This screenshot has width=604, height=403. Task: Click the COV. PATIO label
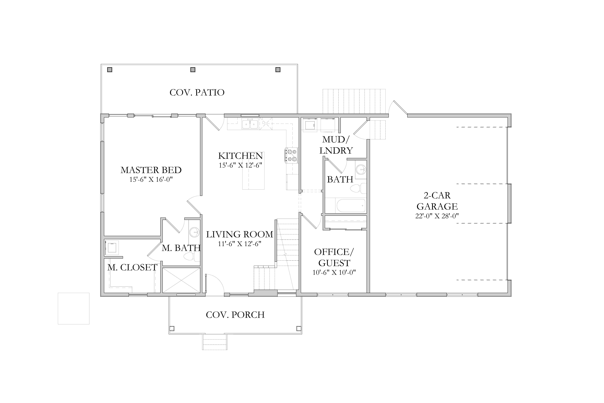coord(197,93)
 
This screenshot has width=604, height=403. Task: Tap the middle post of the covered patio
coord(193,70)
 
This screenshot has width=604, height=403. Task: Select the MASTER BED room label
coord(151,170)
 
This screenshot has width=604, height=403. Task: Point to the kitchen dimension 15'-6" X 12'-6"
coord(240,165)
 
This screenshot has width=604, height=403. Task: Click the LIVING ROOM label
coord(240,234)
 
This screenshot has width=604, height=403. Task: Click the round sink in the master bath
coord(194,232)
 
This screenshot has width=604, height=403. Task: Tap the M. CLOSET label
coord(132,268)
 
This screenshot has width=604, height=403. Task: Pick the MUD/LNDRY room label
coord(336,145)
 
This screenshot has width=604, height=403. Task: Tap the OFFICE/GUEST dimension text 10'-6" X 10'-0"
coord(334,272)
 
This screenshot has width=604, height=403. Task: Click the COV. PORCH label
coord(235,315)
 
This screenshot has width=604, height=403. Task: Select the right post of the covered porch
coord(299,328)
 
